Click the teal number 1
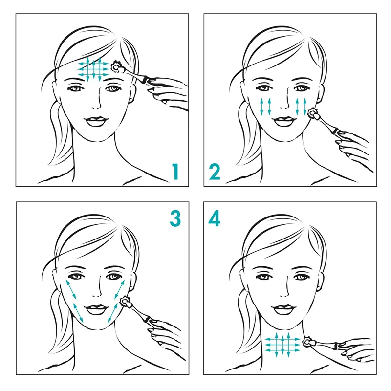176,172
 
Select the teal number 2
215,172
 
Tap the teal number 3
175,218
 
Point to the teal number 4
214,218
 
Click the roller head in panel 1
117,66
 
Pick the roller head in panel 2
313,114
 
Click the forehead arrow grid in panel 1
93,69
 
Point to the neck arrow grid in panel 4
282,345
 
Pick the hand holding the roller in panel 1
168,93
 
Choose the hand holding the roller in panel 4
357,349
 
